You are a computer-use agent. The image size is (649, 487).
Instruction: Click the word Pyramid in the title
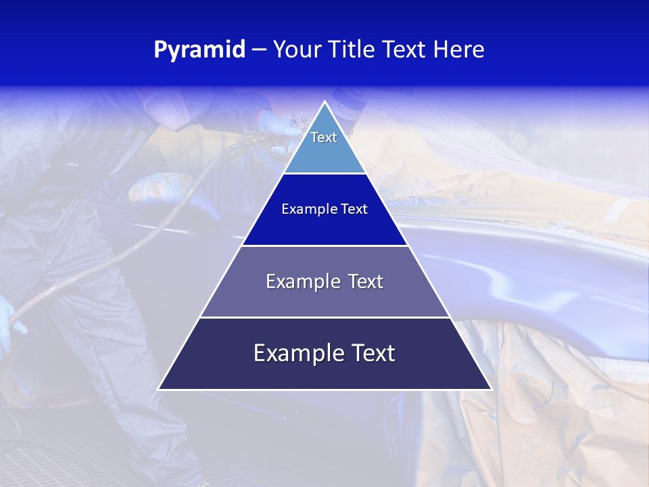[x=199, y=50]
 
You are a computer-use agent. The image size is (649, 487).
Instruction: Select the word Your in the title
[x=297, y=50]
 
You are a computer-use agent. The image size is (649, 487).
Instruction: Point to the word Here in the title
[x=459, y=50]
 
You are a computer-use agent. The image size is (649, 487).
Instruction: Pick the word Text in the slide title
[x=404, y=50]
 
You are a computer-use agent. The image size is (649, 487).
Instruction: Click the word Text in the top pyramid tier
[x=324, y=137]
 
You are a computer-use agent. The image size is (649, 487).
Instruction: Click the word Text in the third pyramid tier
[x=364, y=281]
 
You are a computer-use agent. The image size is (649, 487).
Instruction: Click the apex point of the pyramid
[x=324, y=102]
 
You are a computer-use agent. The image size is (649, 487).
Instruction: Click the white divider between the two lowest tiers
[x=324, y=317]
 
